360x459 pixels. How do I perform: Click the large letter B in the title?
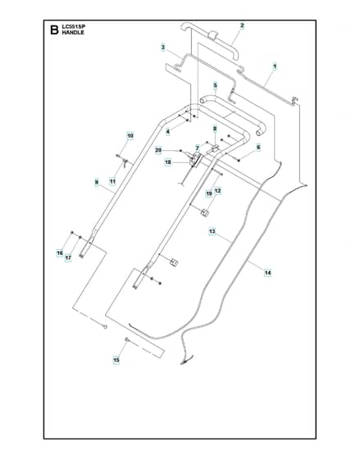[54, 30]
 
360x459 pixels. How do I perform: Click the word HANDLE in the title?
[73, 33]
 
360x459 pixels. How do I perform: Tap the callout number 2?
[242, 25]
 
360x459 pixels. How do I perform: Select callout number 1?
[275, 66]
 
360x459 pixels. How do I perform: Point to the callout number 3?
[163, 48]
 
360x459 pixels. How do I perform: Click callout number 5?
[216, 85]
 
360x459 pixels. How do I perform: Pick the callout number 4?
[168, 132]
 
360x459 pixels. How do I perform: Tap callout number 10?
[130, 136]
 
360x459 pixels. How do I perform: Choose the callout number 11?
[112, 181]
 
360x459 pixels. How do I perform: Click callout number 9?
[97, 182]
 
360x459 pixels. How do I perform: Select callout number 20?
[158, 151]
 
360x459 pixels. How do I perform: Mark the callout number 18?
[168, 162]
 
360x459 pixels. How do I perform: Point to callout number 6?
[258, 148]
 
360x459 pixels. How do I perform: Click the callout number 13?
[212, 231]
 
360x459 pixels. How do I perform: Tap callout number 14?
[267, 273]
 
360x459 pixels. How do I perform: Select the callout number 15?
[116, 360]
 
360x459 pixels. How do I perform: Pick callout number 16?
[60, 253]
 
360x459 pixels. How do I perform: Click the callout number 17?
[68, 258]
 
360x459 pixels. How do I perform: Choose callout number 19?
[209, 193]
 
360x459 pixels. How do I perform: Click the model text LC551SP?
[74, 26]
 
